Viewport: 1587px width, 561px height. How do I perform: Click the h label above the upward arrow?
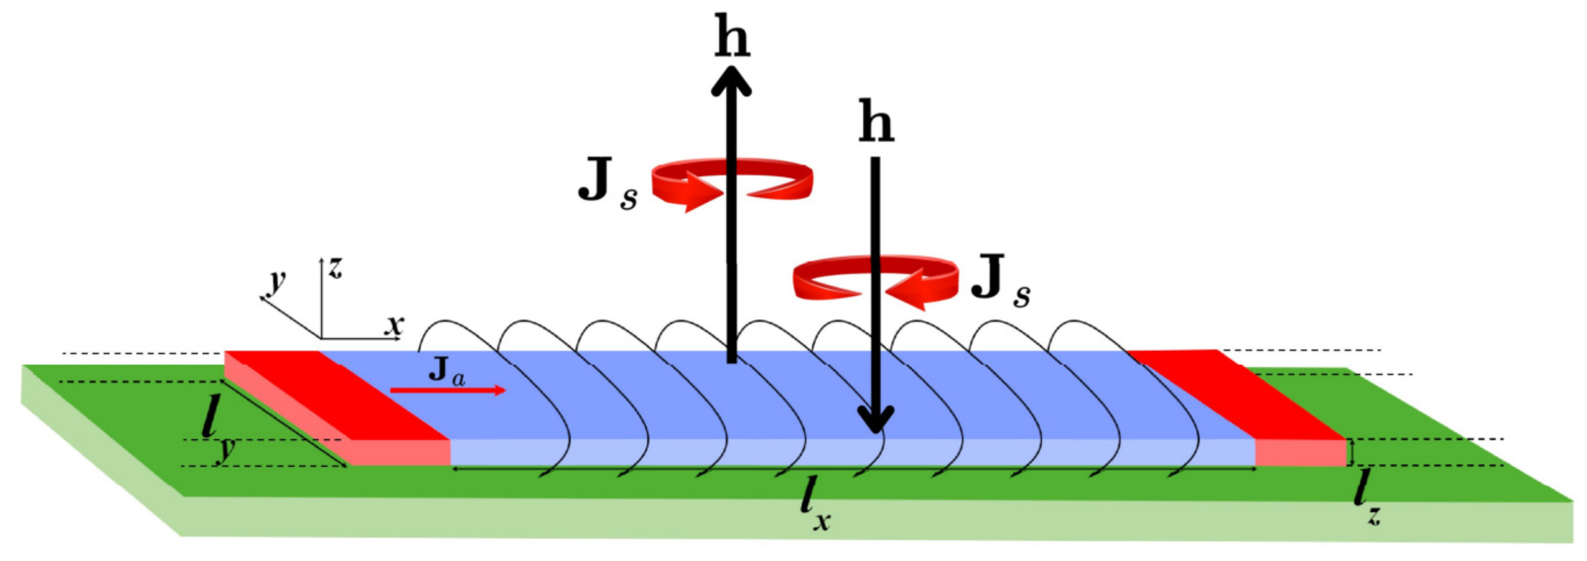732,38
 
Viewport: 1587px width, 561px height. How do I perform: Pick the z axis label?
335,268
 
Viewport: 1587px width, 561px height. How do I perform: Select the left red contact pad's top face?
336,394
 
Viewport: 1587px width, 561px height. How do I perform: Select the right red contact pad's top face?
1238,394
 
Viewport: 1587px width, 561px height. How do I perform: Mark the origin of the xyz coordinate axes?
321,338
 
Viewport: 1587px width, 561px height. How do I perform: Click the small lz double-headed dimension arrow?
1351,452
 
